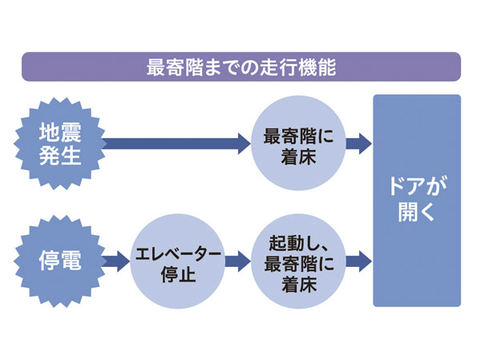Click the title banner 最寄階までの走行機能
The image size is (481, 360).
[240, 67]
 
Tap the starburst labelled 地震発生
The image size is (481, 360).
[60, 144]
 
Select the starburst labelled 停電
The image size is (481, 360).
[60, 261]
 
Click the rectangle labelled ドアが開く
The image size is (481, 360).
[416, 200]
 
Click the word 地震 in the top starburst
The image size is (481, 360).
[60, 131]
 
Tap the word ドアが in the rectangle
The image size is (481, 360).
[416, 186]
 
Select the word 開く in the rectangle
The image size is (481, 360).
[416, 214]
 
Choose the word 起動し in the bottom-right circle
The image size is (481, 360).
[287, 243]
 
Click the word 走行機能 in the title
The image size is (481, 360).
[300, 67]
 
